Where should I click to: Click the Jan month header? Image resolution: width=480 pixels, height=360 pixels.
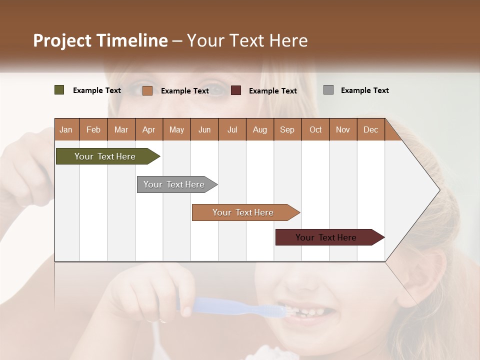pos(66,129)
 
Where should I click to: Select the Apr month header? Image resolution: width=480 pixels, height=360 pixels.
pos(148,129)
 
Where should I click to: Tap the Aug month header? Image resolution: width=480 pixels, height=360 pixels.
pos(259,129)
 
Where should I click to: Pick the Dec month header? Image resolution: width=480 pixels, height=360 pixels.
pos(370,129)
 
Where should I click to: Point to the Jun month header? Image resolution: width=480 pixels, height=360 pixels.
pos(204,129)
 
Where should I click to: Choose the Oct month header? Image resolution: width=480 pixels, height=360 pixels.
pos(315,129)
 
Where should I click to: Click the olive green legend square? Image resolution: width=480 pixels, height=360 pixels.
pos(59,90)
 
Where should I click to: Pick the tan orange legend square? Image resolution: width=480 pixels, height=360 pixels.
pos(147,90)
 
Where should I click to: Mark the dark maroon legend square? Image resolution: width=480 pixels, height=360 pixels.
pos(236,90)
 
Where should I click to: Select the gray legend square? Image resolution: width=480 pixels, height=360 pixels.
pos(328,90)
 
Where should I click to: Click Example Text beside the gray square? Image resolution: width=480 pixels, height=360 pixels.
pos(364,90)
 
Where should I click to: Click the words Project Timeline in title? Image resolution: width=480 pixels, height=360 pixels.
pos(100,40)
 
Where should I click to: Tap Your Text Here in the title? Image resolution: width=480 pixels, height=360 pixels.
pos(247,40)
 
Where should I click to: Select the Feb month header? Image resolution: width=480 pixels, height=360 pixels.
pos(93,129)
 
